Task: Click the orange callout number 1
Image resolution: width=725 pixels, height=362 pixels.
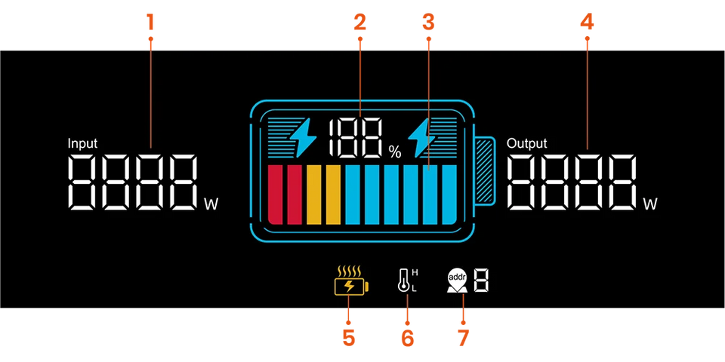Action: [x=150, y=20]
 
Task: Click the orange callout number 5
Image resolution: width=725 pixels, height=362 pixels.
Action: [x=348, y=336]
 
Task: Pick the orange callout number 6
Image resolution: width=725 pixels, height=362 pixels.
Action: [x=407, y=336]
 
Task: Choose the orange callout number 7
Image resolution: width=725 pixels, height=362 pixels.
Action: [x=462, y=336]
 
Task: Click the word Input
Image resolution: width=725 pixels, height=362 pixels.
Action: [x=82, y=143]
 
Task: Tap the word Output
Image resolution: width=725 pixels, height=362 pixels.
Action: [x=526, y=143]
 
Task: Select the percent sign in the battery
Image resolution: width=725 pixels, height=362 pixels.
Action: [x=395, y=152]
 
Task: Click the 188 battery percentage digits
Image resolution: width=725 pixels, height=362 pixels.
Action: [x=355, y=139]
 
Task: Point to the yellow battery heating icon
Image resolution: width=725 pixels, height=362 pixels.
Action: [x=350, y=282]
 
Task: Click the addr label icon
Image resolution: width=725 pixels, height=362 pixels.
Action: [x=458, y=280]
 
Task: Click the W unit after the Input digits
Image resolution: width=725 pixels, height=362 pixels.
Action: [x=211, y=203]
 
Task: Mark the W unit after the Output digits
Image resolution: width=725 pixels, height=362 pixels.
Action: [x=650, y=204]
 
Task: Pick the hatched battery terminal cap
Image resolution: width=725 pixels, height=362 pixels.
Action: [x=484, y=171]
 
